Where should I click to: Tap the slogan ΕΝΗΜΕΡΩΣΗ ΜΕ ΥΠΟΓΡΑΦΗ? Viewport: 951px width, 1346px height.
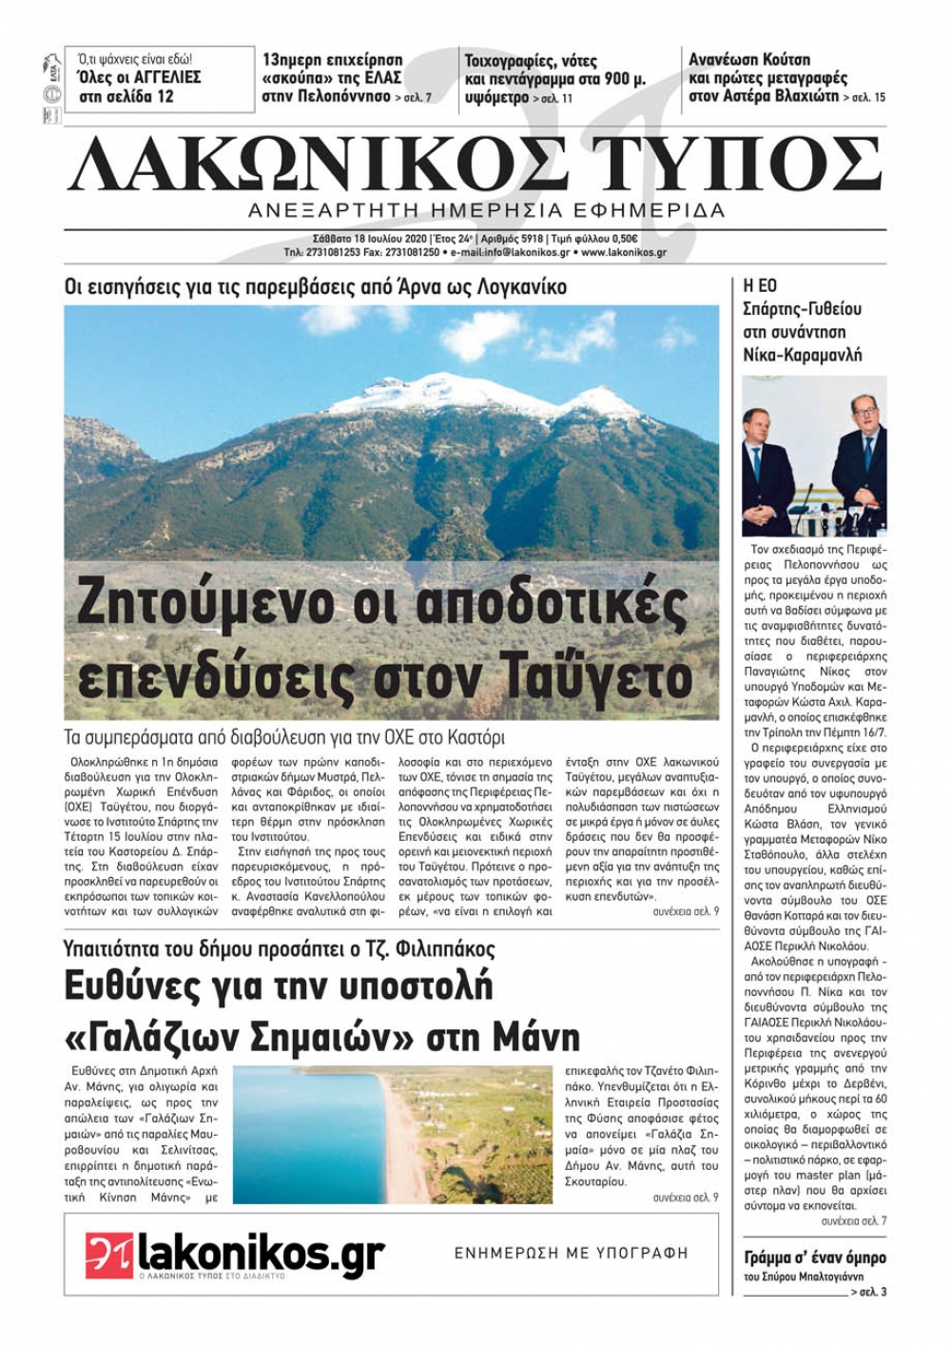tap(570, 1253)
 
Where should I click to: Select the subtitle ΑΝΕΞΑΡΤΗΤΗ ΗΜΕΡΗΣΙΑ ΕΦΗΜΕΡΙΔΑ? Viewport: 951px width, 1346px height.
tap(486, 209)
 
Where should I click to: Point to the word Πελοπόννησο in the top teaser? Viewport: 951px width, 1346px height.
tap(343, 96)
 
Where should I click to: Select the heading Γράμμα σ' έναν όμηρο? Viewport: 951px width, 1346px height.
tap(814, 1258)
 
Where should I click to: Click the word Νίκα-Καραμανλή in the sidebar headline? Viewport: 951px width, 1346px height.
tap(802, 355)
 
